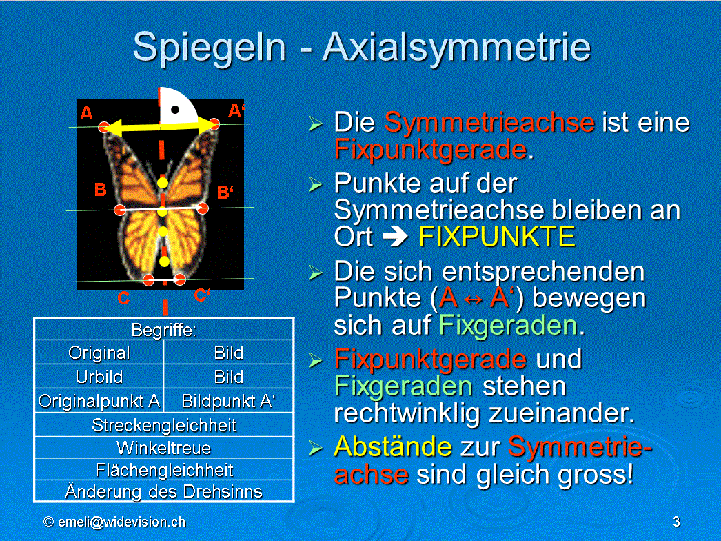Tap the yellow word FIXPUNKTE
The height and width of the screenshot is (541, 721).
497,237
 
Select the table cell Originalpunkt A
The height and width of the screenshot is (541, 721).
99,401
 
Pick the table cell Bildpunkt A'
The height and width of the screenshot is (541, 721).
229,401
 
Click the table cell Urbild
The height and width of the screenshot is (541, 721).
99,377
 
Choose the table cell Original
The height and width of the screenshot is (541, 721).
99,353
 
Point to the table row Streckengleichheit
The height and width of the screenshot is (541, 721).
164,425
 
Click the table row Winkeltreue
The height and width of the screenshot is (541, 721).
164,448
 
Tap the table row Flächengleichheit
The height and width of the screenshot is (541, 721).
164,470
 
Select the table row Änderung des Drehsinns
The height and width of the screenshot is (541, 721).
164,491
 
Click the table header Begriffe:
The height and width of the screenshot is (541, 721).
164,330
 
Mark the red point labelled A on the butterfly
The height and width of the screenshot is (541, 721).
104,127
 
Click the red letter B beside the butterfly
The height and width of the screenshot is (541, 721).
100,190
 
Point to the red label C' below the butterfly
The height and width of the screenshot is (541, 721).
202,295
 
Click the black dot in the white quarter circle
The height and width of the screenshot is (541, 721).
175,110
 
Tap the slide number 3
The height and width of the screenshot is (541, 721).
676,522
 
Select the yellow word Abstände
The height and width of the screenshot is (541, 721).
393,446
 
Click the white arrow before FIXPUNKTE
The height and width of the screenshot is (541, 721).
396,237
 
